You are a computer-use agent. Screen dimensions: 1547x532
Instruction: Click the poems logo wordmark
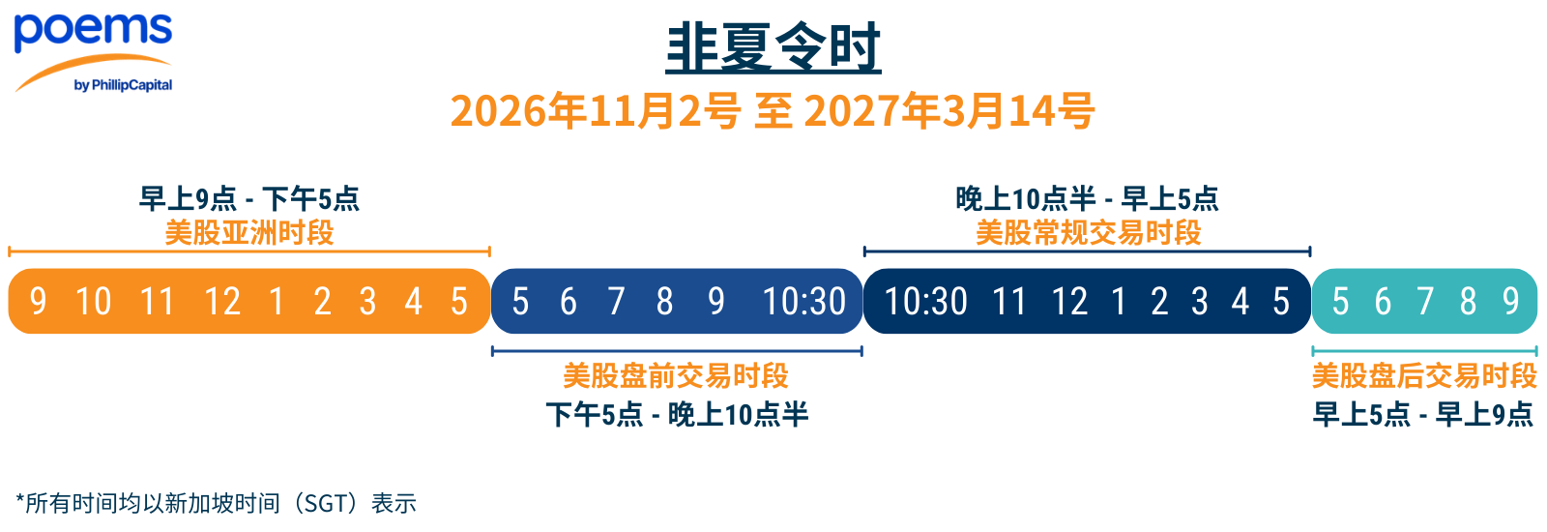tap(93, 31)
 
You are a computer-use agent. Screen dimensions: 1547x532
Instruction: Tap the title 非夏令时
tap(773, 47)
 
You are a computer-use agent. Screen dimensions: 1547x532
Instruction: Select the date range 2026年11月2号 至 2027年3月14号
tap(773, 111)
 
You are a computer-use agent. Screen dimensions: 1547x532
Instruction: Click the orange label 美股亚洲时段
tap(249, 233)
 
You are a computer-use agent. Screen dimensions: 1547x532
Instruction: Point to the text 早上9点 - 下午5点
tap(249, 199)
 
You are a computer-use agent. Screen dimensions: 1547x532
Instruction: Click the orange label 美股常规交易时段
tap(1088, 233)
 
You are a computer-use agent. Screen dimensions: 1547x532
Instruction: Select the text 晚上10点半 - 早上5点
tap(1087, 199)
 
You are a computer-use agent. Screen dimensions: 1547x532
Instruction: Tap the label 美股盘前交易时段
tap(676, 376)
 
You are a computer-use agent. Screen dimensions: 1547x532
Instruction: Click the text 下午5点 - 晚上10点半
tap(677, 415)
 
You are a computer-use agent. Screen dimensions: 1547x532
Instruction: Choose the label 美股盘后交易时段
tap(1424, 376)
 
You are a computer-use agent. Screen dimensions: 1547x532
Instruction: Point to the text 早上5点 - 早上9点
tap(1422, 415)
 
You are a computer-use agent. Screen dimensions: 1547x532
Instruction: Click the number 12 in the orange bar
tap(222, 302)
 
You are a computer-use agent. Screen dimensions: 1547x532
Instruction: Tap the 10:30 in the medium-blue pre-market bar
tap(803, 302)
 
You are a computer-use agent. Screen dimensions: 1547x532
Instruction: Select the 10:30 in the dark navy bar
tap(925, 302)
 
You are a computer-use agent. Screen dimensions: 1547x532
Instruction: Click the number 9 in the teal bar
tap(1511, 302)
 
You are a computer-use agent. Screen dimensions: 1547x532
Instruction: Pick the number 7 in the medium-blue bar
tap(616, 302)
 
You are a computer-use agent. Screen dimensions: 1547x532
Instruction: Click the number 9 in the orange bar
tap(38, 302)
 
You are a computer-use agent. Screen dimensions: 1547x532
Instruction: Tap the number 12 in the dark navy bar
tap(1069, 302)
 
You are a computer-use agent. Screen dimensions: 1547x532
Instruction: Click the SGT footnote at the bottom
tap(217, 503)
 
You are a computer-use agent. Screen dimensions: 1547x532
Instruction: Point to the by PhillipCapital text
tap(123, 85)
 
